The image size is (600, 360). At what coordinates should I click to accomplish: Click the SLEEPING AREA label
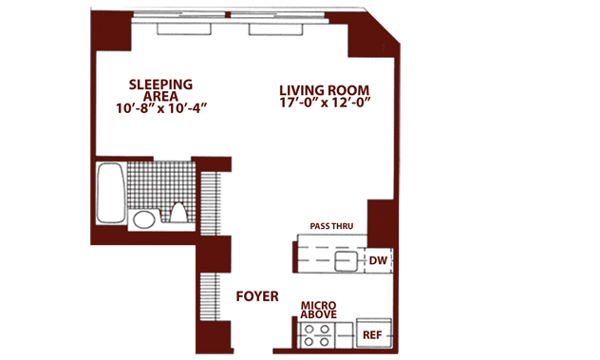(160, 90)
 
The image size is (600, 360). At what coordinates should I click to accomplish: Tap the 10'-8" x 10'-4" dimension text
(161, 108)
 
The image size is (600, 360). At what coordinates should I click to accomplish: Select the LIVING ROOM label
(324, 90)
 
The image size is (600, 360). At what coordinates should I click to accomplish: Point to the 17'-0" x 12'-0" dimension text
(326, 103)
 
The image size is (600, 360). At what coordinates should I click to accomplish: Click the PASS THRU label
(331, 226)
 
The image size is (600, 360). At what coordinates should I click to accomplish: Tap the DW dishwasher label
(378, 260)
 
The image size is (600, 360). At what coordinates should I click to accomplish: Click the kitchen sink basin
(346, 261)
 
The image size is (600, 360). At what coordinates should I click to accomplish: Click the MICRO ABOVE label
(318, 310)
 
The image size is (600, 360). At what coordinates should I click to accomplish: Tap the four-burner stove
(316, 335)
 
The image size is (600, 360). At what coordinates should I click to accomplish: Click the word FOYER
(257, 296)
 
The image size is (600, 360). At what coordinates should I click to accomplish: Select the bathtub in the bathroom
(111, 194)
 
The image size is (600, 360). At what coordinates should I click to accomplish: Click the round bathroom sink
(144, 219)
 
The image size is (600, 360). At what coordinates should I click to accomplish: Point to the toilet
(178, 213)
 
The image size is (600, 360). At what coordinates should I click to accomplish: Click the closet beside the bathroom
(211, 203)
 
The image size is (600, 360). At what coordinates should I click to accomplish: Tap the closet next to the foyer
(210, 296)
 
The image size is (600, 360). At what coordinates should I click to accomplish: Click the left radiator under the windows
(183, 29)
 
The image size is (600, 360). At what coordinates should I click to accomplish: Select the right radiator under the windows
(276, 29)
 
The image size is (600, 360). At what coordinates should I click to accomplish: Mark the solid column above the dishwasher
(380, 223)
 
